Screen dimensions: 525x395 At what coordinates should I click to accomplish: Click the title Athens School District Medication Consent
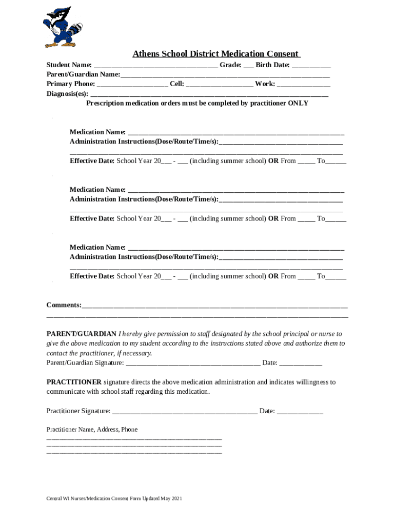pyautogui.click(x=216, y=54)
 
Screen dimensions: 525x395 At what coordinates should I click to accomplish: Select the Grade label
pyautogui.click(x=230, y=65)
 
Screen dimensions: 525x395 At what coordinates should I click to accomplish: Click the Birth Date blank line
pyautogui.click(x=311, y=66)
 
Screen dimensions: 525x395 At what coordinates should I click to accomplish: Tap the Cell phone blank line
pyautogui.click(x=220, y=84)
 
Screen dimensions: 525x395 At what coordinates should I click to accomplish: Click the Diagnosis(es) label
pyautogui.click(x=67, y=94)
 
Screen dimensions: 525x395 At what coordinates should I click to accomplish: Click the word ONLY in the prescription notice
pyautogui.click(x=299, y=103)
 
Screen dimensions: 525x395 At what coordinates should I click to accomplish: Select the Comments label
pyautogui.click(x=64, y=305)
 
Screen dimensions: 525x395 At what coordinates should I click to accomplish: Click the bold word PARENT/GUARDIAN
pyautogui.click(x=82, y=334)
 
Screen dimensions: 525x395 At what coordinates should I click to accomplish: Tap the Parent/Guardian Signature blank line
pyautogui.click(x=193, y=364)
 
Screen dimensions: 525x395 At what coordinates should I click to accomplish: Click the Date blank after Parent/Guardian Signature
pyautogui.click(x=301, y=364)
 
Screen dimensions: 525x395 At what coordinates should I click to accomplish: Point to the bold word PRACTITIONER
pyautogui.click(x=74, y=382)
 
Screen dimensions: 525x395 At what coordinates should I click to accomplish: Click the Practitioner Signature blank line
pyautogui.click(x=185, y=411)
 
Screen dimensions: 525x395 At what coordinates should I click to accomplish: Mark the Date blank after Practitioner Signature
pyautogui.click(x=300, y=411)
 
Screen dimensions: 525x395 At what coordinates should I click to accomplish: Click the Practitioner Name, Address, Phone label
pyautogui.click(x=92, y=430)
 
